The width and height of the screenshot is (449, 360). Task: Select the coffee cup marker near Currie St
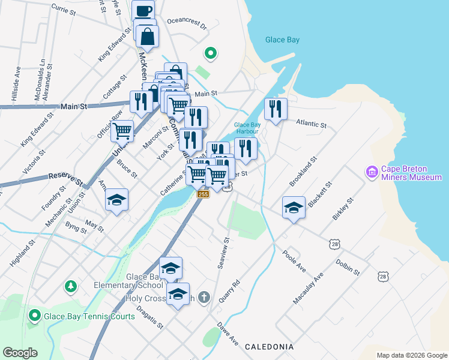pyautogui.click(x=143, y=11)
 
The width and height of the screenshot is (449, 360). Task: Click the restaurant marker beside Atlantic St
pyautogui.click(x=276, y=109)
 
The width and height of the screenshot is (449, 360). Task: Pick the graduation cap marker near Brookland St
pyautogui.click(x=294, y=208)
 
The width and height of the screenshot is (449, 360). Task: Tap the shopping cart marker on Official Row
pyautogui.click(x=122, y=130)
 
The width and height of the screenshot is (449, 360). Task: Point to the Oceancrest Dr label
pyautogui.click(x=187, y=27)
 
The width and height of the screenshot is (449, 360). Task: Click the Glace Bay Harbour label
pyautogui.click(x=246, y=128)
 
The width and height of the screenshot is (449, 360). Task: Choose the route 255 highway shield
pyautogui.click(x=203, y=194)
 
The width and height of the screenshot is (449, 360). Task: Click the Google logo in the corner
pyautogui.click(x=20, y=353)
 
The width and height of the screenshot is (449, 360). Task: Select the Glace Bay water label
pyautogui.click(x=282, y=40)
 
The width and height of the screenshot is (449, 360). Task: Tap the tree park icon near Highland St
pyautogui.click(x=71, y=286)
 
